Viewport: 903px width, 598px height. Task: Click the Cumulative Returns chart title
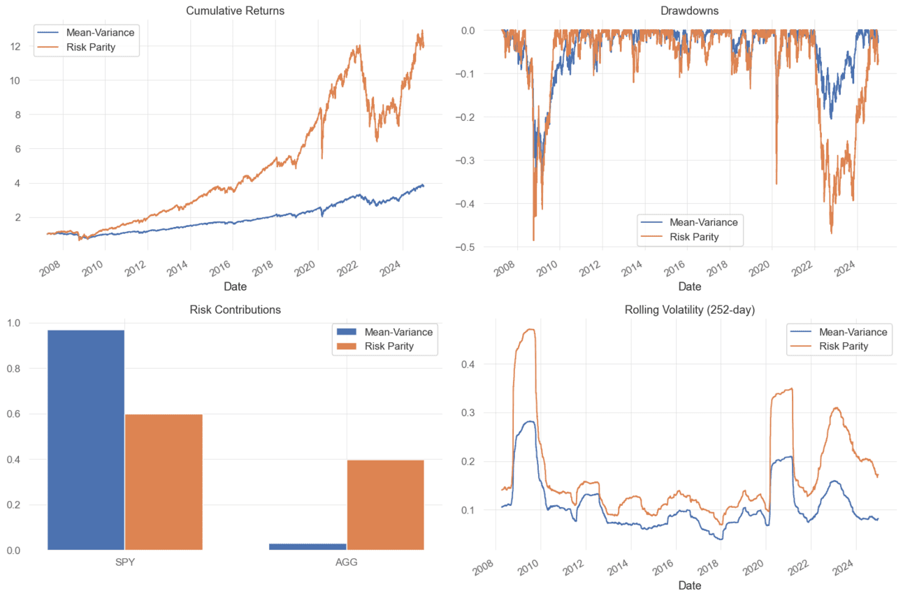click(x=236, y=10)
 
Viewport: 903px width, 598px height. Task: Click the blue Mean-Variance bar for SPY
click(x=86, y=440)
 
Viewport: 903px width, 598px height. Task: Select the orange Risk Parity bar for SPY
click(x=164, y=482)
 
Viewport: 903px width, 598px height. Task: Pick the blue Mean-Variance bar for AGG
click(x=308, y=546)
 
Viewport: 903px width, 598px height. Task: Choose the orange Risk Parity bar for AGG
click(x=385, y=504)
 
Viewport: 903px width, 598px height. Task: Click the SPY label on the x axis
click(x=124, y=562)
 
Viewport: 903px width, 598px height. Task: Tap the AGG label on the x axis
click(x=346, y=562)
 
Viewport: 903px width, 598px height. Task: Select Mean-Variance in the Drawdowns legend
click(x=704, y=222)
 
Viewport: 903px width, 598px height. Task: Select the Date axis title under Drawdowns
click(x=689, y=286)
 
